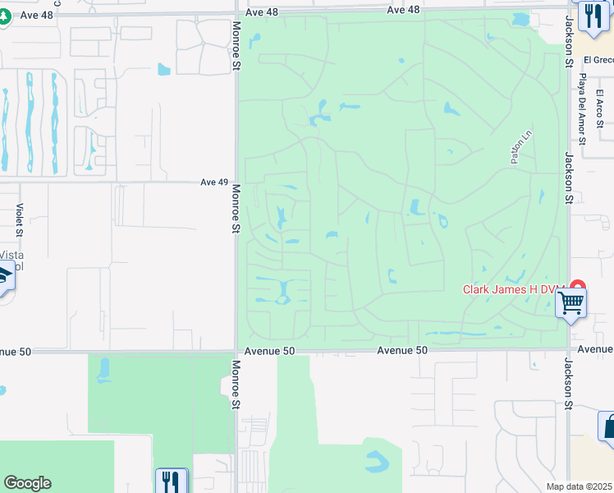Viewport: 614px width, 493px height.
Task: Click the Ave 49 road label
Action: click(213, 182)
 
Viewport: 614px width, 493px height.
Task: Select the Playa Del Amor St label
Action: click(582, 108)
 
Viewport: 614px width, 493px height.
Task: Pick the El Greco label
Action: click(598, 60)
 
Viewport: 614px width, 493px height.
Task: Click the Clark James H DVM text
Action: click(515, 288)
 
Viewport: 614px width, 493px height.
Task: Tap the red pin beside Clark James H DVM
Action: click(577, 288)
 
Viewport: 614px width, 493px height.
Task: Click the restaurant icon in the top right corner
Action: click(591, 15)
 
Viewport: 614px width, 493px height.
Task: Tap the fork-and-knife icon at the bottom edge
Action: click(172, 481)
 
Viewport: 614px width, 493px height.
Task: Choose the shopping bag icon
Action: click(608, 426)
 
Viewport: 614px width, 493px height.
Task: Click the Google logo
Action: click(27, 483)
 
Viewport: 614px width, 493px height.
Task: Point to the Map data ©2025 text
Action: click(579, 486)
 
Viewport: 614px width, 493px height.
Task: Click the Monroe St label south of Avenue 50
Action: click(236, 385)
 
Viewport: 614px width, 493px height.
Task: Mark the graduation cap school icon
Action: click(4, 275)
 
